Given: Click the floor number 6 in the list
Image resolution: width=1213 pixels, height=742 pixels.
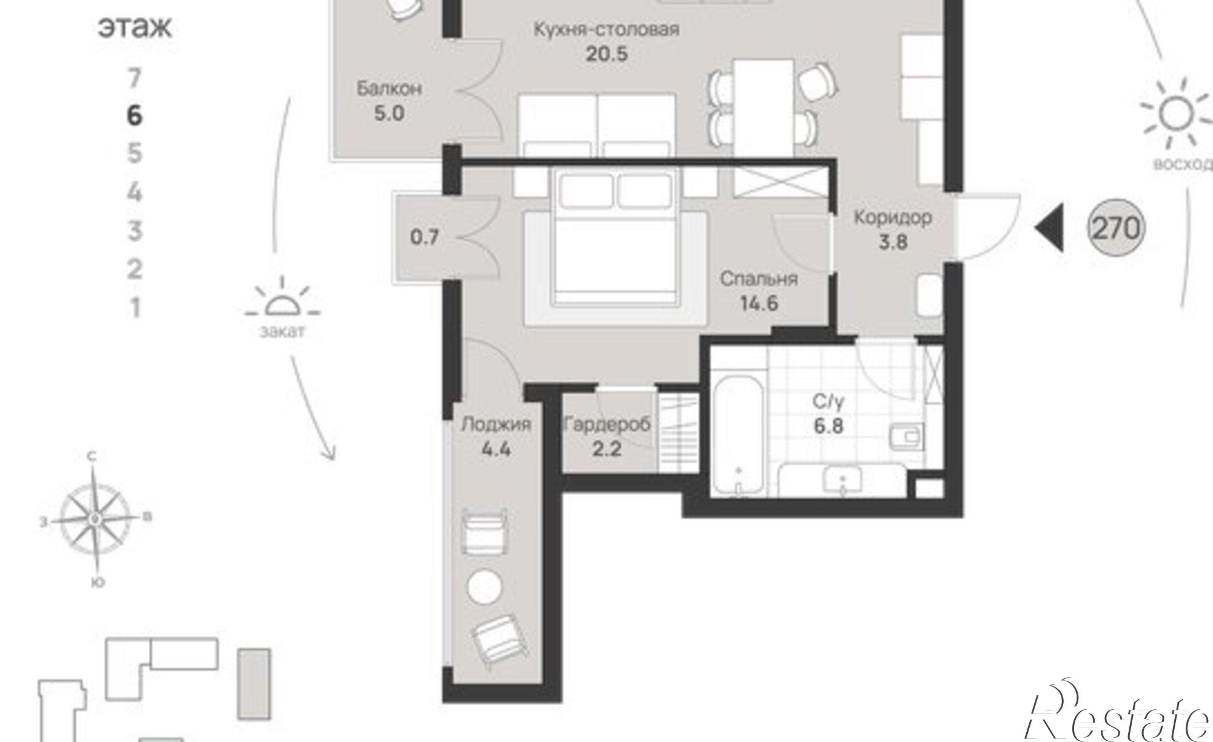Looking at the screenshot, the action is coord(135,115).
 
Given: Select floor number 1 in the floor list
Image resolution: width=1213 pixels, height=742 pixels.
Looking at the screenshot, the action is coord(135,308).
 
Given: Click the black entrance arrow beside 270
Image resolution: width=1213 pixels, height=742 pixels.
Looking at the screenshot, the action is coord(1049,228).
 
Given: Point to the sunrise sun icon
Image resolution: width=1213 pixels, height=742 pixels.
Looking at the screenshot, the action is coord(1175,114).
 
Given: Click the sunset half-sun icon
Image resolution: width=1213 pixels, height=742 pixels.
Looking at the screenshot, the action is coord(283,300).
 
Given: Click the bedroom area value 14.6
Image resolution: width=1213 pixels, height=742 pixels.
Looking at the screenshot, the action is coord(759,303).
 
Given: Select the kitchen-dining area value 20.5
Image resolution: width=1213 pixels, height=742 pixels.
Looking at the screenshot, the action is coord(606,54).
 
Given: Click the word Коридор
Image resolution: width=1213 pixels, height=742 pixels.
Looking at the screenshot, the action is coord(893,217).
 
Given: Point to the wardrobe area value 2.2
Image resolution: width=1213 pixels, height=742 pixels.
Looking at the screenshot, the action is coord(606,450).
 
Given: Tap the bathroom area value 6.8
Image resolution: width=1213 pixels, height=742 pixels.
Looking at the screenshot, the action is coord(828,426).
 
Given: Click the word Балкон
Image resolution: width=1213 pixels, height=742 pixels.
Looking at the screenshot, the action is coord(389,89).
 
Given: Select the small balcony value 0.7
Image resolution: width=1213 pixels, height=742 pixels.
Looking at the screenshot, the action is coord(425,237).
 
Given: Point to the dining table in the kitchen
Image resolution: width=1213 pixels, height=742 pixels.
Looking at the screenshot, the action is coord(763,109).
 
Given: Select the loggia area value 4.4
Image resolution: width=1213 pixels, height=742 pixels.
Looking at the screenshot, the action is coord(496,450).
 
